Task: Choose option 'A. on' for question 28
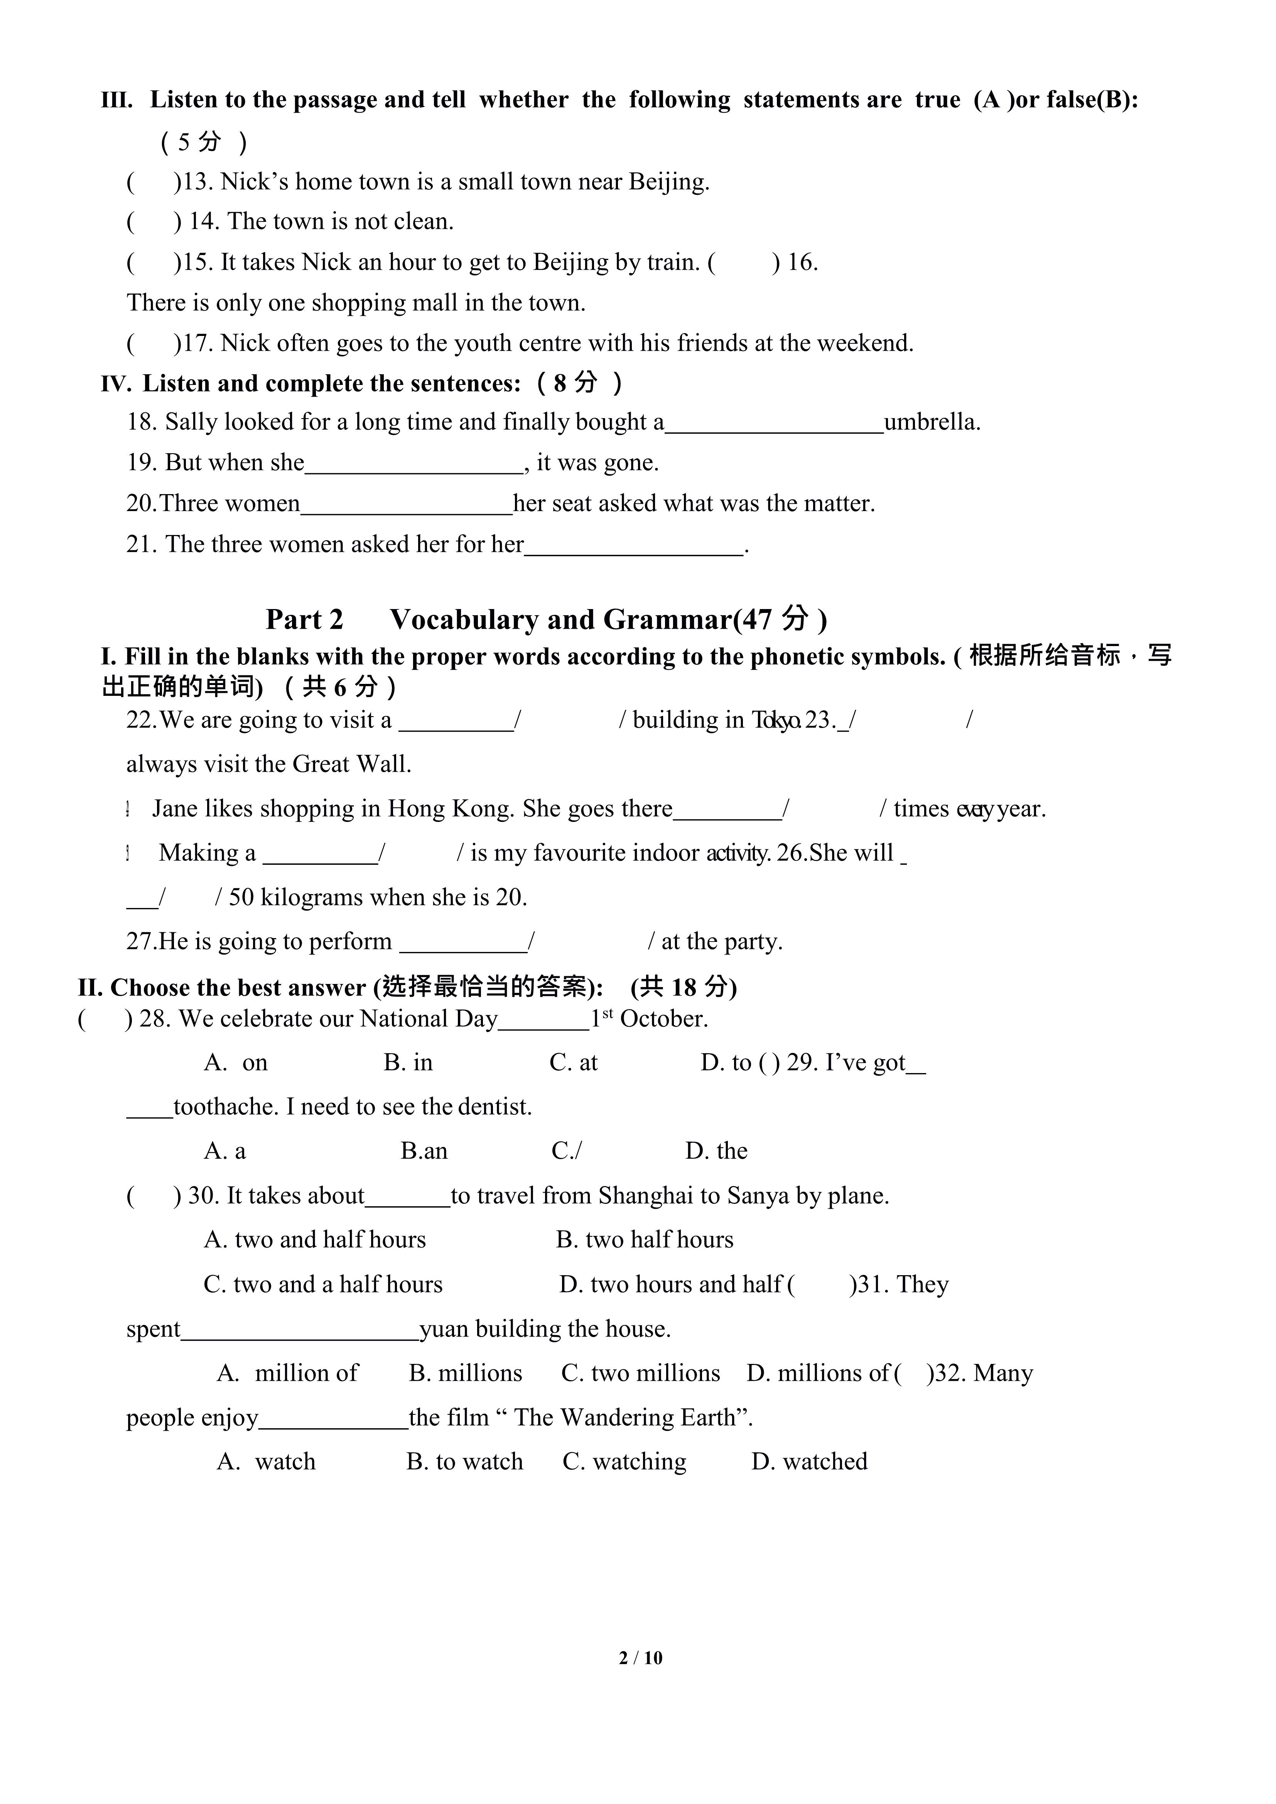point(236,1062)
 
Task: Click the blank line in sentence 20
point(406,505)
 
